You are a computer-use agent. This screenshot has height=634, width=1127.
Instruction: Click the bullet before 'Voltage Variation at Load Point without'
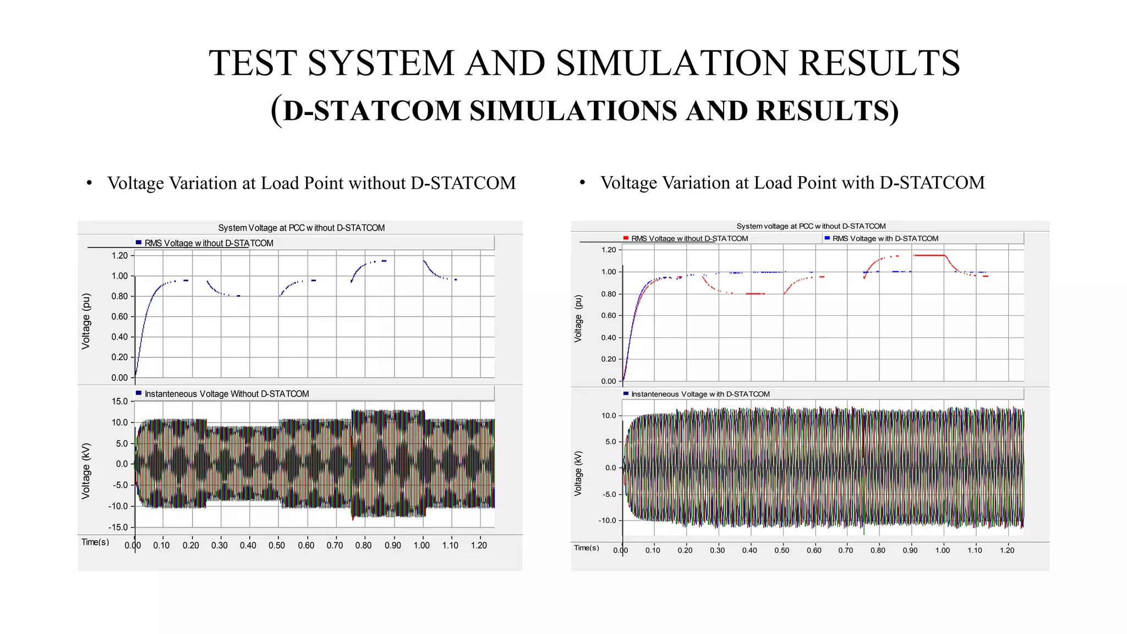point(89,184)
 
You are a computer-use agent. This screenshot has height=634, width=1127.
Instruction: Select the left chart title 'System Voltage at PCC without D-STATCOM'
point(301,228)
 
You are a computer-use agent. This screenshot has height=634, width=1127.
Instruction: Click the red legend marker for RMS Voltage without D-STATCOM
point(626,238)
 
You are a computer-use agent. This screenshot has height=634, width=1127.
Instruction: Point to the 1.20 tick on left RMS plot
point(119,255)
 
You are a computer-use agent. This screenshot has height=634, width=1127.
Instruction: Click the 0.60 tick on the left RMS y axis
point(119,316)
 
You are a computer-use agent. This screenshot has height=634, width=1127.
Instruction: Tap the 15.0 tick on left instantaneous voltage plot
point(119,401)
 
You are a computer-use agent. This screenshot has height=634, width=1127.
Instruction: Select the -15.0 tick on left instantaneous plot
point(118,527)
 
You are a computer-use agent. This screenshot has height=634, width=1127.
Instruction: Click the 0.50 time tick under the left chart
point(277,545)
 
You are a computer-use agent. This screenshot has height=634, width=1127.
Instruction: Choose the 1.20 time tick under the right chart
point(1006,550)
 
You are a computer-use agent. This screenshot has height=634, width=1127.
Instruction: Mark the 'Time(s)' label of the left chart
point(95,542)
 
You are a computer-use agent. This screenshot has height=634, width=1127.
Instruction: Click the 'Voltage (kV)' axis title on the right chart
point(578,473)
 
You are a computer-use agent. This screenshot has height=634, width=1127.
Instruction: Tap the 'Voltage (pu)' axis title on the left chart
point(86,321)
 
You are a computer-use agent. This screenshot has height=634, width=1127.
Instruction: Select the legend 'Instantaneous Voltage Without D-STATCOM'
point(226,394)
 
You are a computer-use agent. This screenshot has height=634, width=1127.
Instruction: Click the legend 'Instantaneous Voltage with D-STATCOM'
point(700,394)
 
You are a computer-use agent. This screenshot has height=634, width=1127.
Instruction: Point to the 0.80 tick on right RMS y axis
point(609,294)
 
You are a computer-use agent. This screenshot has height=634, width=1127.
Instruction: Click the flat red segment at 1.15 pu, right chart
point(929,255)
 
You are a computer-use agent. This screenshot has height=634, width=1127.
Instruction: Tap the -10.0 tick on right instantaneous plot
point(608,520)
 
